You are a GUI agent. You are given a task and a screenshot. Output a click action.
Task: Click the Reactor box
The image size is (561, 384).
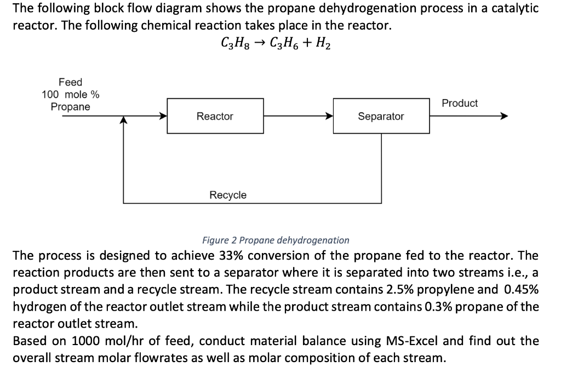215,116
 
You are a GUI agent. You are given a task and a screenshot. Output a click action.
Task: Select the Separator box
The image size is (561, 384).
381,116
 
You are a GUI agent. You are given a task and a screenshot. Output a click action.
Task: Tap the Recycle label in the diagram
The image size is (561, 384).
228,195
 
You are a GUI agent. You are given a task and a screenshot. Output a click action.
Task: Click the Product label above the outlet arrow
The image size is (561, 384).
459,103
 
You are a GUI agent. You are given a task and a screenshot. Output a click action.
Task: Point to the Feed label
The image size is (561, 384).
70,82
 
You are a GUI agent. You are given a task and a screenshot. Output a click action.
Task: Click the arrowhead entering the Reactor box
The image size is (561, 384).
163,116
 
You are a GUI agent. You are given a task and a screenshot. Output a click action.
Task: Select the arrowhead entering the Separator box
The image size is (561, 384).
329,116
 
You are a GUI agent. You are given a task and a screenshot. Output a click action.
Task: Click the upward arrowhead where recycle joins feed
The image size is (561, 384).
124,121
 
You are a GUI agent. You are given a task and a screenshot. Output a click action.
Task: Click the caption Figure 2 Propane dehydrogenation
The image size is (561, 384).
276,240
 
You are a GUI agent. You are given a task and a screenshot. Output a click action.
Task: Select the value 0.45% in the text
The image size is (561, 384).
521,289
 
